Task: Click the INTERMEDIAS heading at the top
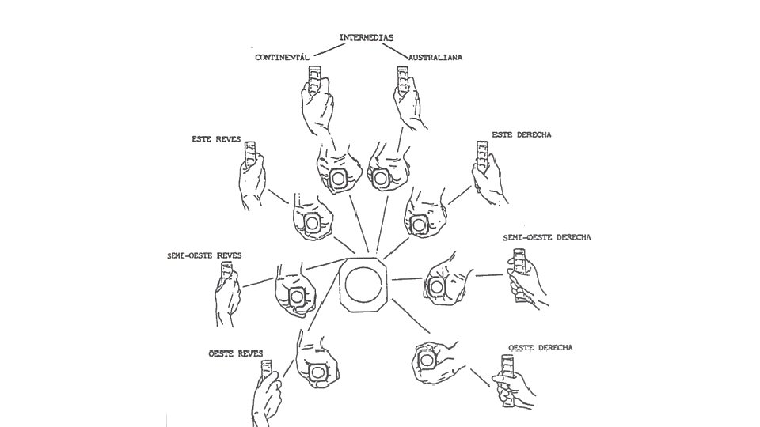click(367, 37)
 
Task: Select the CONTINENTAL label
click(282, 58)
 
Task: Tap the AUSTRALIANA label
click(435, 58)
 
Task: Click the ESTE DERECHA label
click(522, 134)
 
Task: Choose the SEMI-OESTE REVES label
click(204, 255)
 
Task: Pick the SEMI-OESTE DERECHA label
click(547, 237)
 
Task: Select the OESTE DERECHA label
click(541, 347)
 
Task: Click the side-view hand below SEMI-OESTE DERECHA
click(528, 285)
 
